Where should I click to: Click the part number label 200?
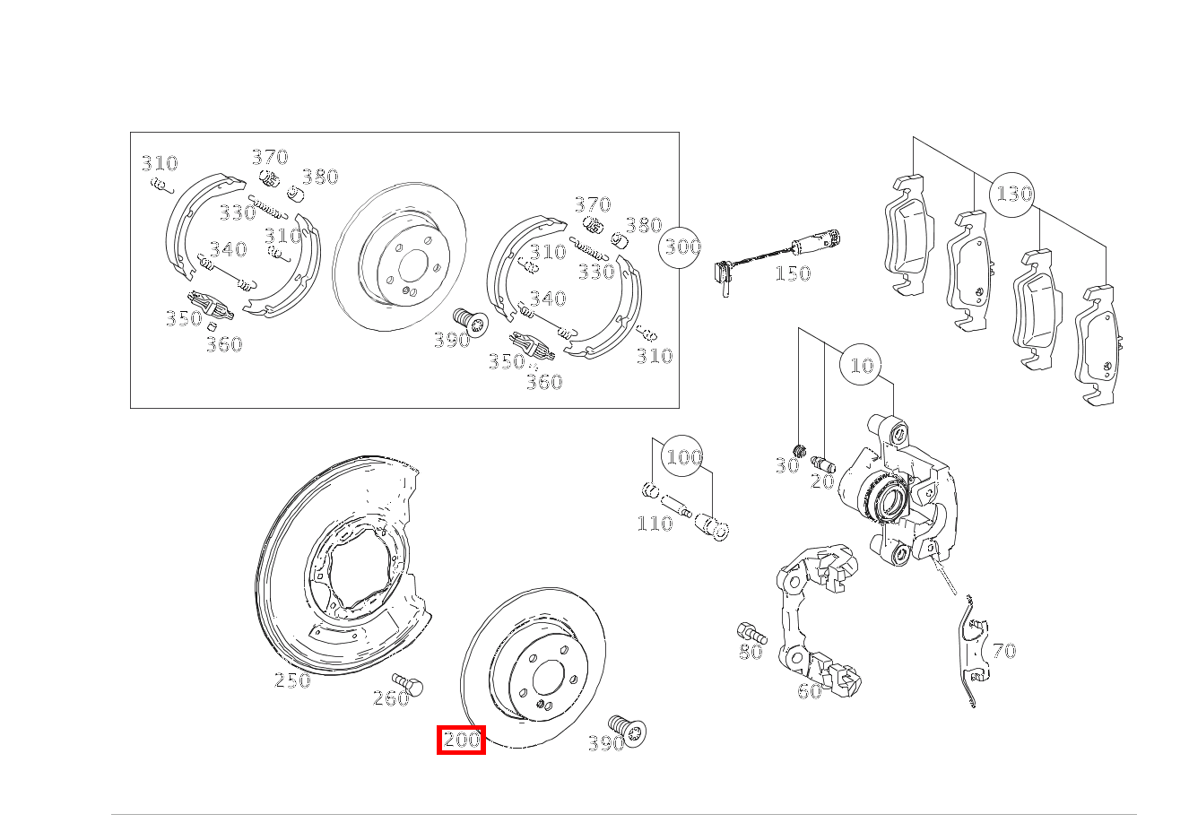pos(461,740)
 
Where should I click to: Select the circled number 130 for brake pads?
pos(1012,194)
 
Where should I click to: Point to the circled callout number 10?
pos(861,366)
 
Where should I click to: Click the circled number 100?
pos(683,457)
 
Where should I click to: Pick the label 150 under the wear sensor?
pos(792,273)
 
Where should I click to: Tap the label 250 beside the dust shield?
pos(292,680)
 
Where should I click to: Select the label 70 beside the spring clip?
pos(1004,651)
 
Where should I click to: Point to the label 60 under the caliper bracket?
pos(809,691)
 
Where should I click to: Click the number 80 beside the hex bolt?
pos(751,653)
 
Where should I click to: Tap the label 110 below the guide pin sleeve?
pos(655,524)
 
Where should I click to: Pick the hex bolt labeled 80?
pos(750,631)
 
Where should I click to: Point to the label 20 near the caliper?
pos(821,481)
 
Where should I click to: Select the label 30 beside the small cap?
pos(785,466)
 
